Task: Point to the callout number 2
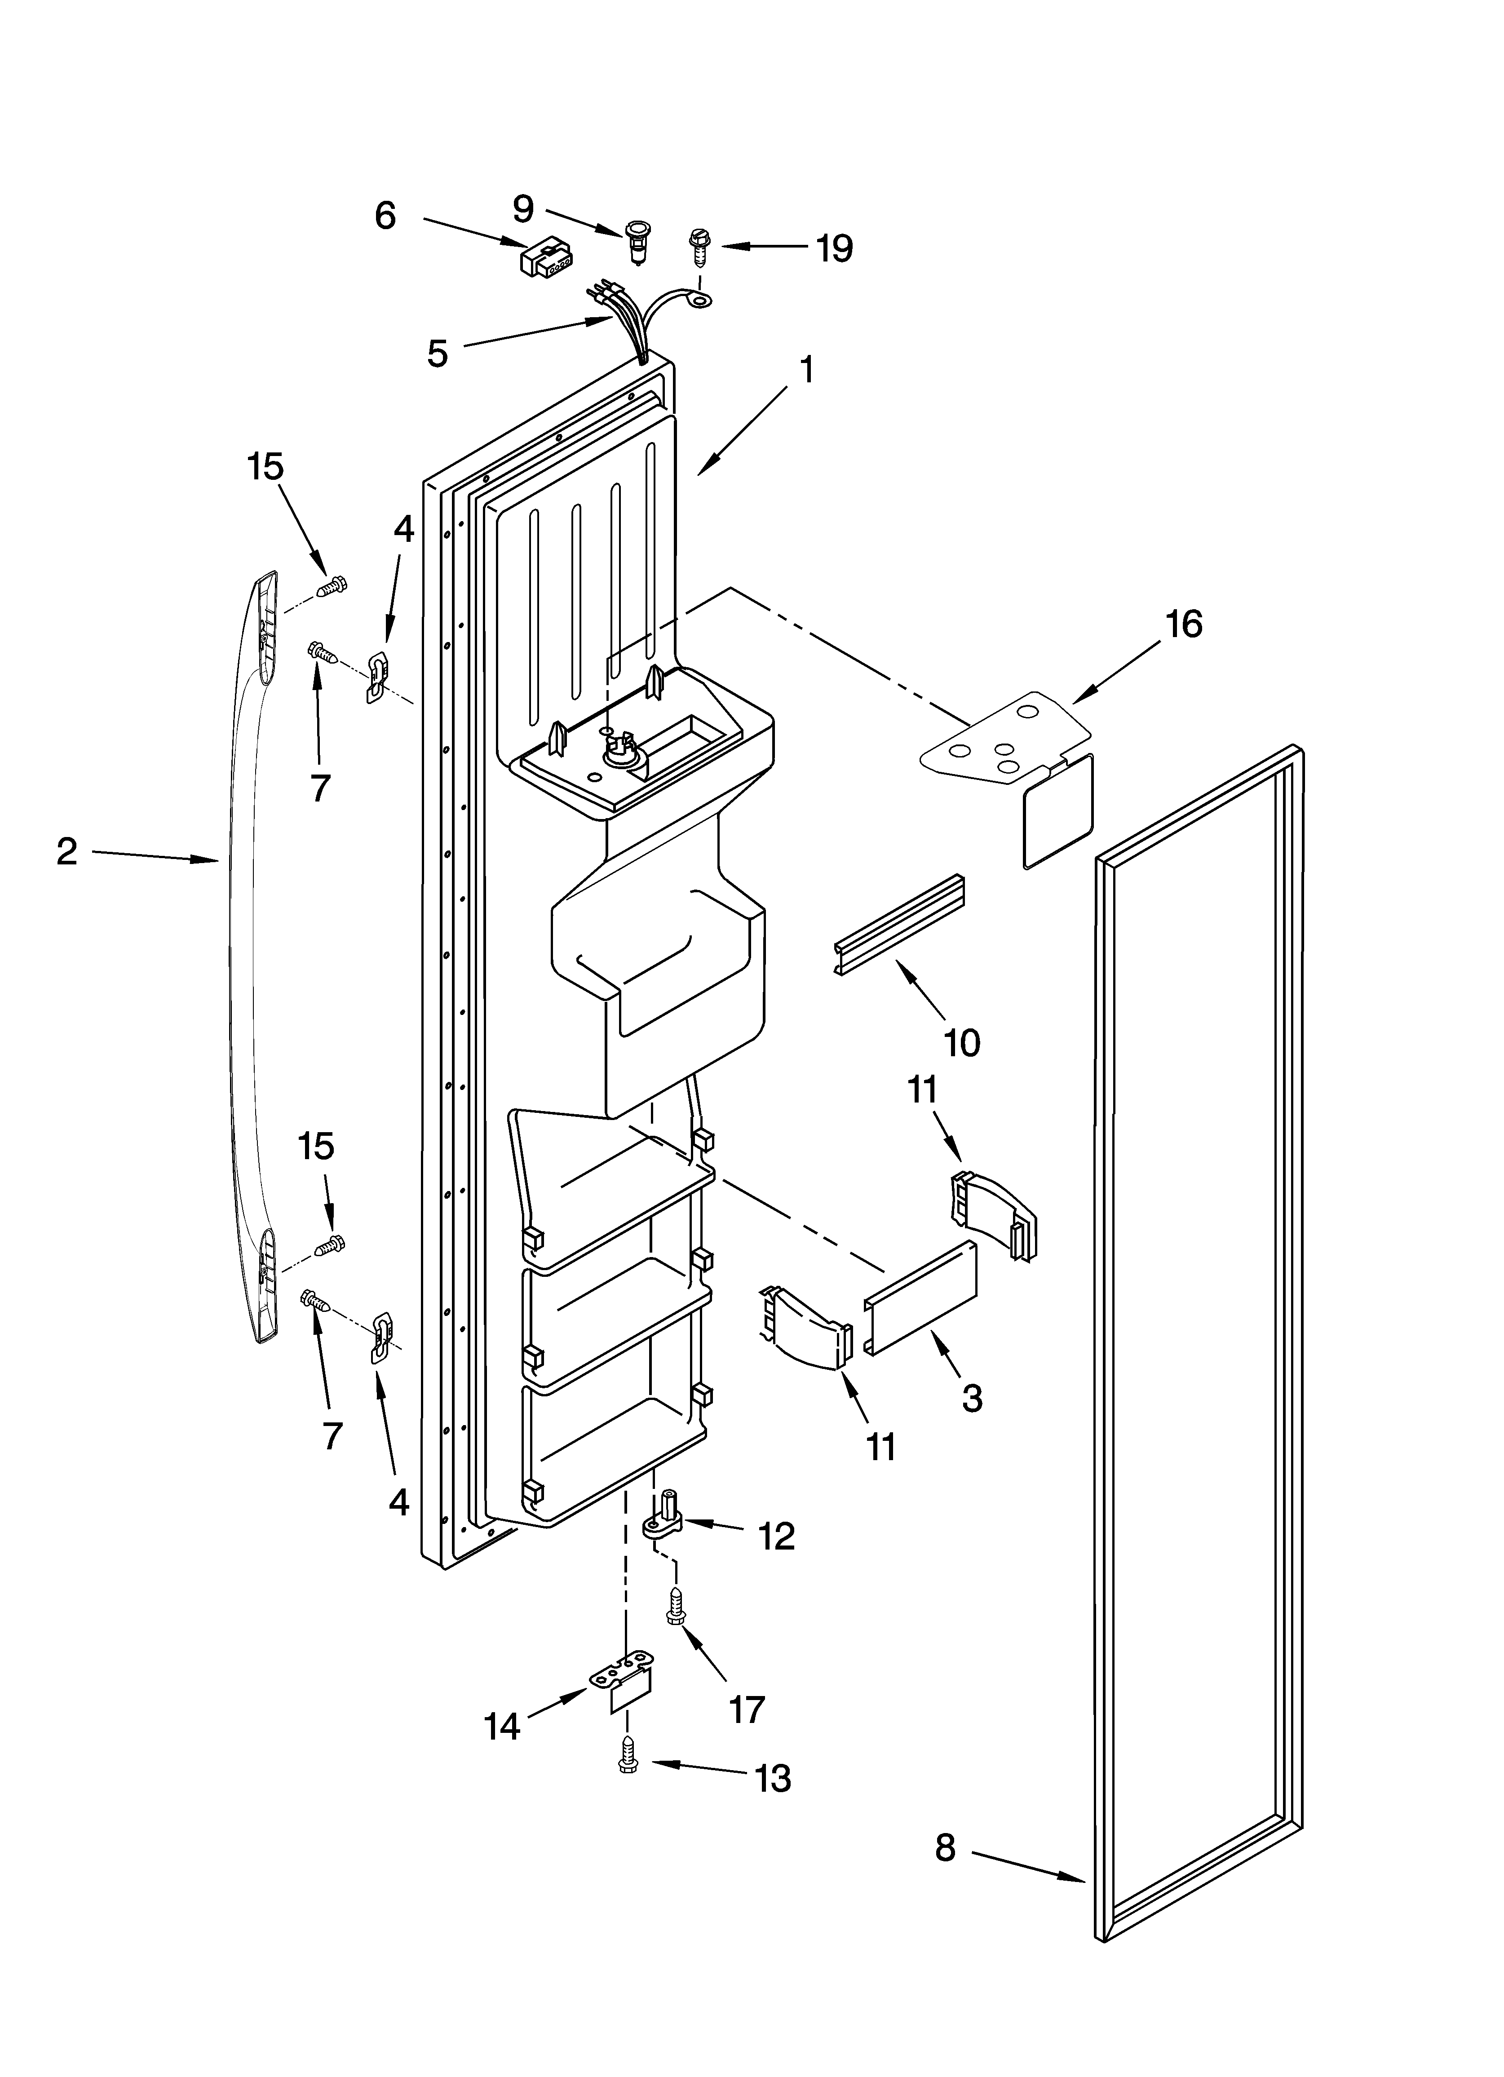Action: pos(67,852)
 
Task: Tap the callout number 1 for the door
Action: pos(806,371)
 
